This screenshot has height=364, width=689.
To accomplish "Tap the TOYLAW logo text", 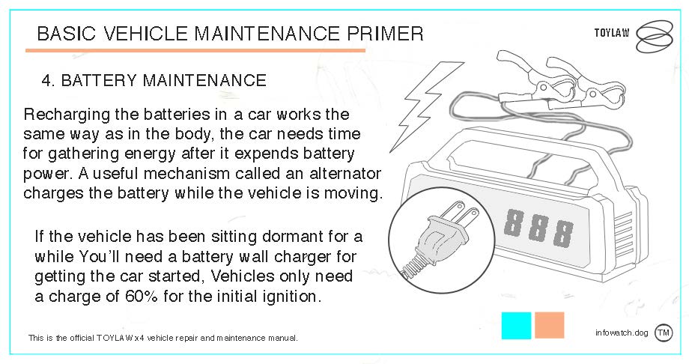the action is pyautogui.click(x=612, y=33).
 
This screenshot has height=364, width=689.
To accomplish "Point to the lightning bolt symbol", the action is pyautogui.click(x=426, y=106).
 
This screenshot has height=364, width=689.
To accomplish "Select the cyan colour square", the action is pyautogui.click(x=516, y=326).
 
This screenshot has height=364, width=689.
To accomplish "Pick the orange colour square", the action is pyautogui.click(x=549, y=325).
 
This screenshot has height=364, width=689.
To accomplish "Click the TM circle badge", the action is pyautogui.click(x=664, y=333).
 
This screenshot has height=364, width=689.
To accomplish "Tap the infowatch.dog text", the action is pyautogui.click(x=622, y=333).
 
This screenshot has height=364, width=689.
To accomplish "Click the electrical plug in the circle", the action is pyautogui.click(x=440, y=237).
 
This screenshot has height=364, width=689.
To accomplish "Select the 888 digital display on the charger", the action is pyautogui.click(x=538, y=227).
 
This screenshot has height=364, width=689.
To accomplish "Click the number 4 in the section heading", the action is pyautogui.click(x=46, y=80).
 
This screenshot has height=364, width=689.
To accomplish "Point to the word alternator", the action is pyautogui.click(x=345, y=173).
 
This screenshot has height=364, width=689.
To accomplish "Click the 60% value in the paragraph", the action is pyautogui.click(x=141, y=297).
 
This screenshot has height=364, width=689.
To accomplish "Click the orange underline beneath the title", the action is pyautogui.click(x=195, y=51).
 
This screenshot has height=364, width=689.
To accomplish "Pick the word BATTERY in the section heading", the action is pyautogui.click(x=99, y=80).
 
